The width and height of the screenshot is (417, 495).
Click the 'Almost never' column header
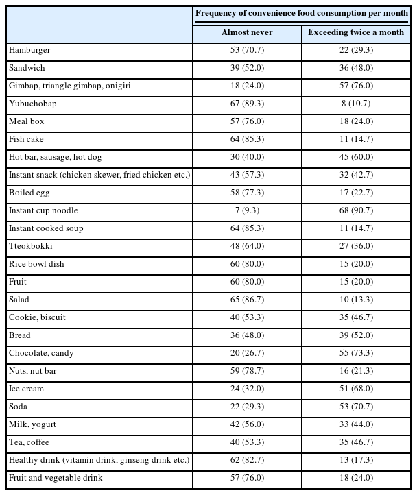point(247,32)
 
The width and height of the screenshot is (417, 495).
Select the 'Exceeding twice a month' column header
point(356,32)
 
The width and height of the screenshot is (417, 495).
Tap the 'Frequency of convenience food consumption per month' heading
point(302,13)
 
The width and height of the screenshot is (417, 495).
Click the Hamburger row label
point(29,50)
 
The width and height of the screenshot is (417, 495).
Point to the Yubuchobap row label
point(32,104)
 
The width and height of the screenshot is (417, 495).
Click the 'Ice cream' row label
point(27,389)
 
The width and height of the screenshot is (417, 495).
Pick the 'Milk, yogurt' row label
point(32,424)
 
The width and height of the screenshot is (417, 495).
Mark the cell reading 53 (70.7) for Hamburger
point(247,50)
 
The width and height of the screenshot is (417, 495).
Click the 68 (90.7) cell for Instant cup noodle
point(356,210)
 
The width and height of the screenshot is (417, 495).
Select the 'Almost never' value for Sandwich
point(247,68)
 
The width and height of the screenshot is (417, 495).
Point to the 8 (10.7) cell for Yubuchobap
point(356,104)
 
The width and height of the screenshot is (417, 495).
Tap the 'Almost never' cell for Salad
point(247,300)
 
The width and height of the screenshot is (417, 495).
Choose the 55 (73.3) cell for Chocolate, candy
point(356,353)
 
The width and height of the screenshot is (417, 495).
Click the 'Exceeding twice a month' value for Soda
point(356,407)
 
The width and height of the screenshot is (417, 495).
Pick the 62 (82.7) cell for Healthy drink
point(247,460)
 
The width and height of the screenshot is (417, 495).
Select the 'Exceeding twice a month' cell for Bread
point(356,335)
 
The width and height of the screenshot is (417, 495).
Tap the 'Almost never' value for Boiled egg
point(247,193)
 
